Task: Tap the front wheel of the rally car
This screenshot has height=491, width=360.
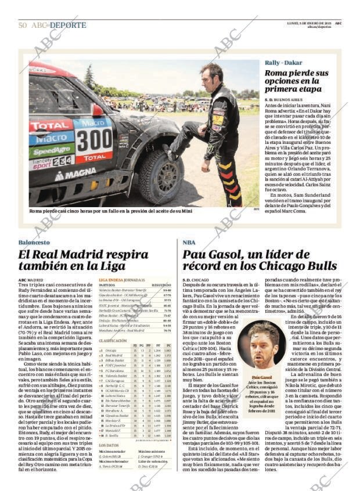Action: tap(161, 176)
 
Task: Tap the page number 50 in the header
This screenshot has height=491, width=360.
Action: tap(23, 25)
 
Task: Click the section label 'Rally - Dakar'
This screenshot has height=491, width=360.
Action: tap(283, 63)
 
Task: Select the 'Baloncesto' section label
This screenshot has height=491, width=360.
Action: tap(34, 242)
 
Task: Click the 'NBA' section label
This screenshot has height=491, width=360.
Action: tap(189, 242)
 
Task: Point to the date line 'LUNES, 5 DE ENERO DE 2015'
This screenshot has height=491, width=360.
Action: tap(311, 22)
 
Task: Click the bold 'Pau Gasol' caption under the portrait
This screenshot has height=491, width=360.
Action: tap(258, 377)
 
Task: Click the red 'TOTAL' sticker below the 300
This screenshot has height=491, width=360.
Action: tap(93, 157)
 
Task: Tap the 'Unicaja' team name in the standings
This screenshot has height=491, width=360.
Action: tap(110, 351)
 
